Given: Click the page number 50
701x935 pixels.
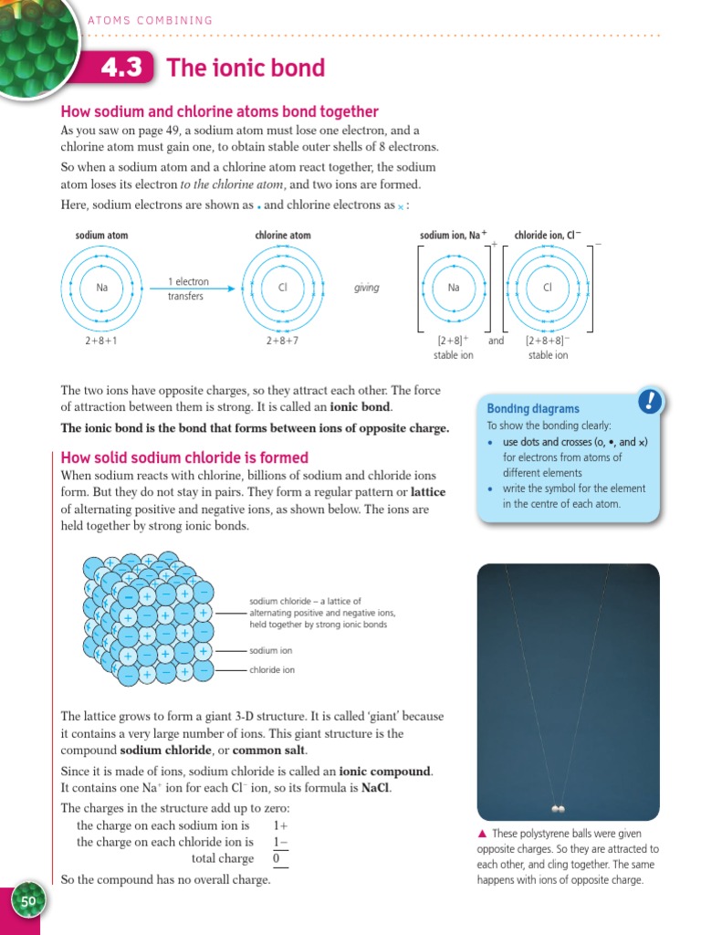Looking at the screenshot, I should [28, 901].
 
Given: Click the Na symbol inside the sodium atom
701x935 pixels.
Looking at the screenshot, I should [102, 288].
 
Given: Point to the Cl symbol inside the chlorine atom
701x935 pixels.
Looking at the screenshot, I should [282, 288].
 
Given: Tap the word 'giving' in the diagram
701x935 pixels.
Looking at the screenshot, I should [366, 288].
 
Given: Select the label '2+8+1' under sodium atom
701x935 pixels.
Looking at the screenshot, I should [102, 341].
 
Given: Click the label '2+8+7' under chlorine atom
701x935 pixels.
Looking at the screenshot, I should [282, 341].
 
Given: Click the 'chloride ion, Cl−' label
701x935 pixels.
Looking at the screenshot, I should [548, 236].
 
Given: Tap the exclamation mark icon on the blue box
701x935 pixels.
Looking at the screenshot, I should [649, 401].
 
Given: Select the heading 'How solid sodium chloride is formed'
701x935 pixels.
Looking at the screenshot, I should [183, 457].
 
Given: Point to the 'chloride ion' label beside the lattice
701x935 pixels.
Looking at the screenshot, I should [272, 670].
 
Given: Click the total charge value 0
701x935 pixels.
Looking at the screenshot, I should [276, 858].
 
